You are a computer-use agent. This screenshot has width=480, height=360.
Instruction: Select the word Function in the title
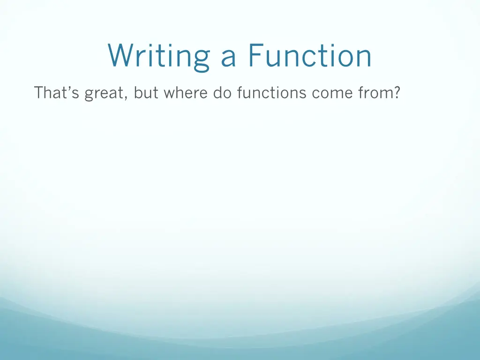pos(310,56)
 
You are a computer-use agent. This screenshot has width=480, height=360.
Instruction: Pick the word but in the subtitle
pos(145,93)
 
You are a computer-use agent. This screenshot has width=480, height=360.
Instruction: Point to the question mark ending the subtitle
pos(397,93)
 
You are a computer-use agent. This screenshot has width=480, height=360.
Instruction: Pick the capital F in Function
pos(255,56)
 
